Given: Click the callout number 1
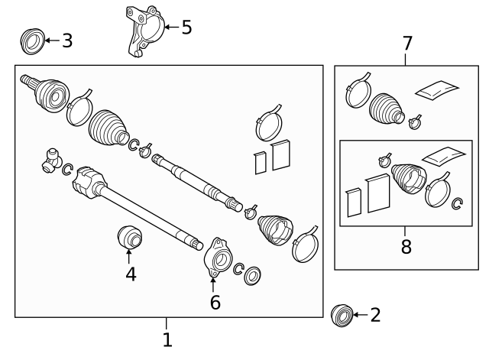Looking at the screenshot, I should [167, 339].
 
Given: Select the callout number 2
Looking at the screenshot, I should [374, 315].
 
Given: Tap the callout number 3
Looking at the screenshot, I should [67, 41].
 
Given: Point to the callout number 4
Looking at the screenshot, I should [131, 273].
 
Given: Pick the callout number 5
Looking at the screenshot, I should [186, 28].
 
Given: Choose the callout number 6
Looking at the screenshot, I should [215, 303].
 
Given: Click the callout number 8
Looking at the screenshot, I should [406, 246].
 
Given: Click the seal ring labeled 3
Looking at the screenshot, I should [31, 41].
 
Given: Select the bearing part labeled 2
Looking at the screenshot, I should [342, 314].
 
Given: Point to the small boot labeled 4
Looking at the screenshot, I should [130, 237].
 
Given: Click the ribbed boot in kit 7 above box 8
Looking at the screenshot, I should [387, 108].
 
